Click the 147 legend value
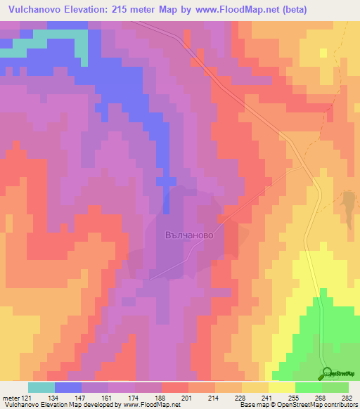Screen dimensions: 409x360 (81, 398)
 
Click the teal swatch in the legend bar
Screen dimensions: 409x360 (41, 387)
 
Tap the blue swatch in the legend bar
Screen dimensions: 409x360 (68, 387)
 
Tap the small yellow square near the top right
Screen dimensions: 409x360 (323, 53)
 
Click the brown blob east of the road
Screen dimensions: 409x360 (348, 203)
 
